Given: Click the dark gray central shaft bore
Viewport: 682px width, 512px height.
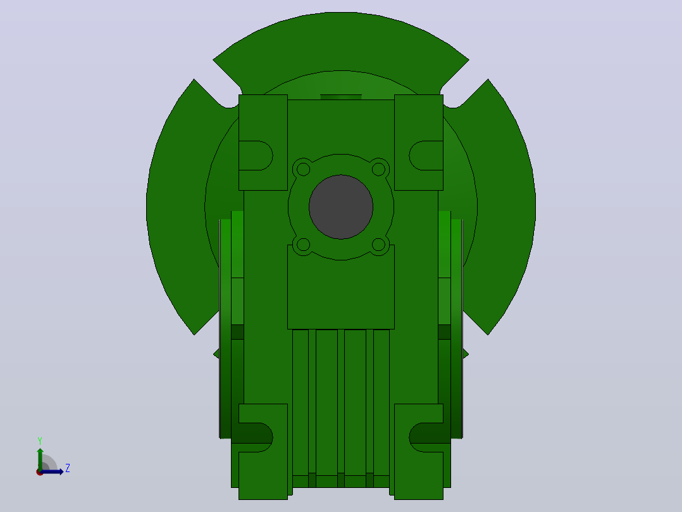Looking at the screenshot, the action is point(341,207).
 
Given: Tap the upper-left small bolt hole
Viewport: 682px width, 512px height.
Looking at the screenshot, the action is point(303,169).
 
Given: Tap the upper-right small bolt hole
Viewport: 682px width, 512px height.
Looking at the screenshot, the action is point(378,169).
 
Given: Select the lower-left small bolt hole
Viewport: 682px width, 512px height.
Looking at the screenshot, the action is point(303,245).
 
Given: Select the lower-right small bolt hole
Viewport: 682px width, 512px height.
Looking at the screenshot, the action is point(378,245).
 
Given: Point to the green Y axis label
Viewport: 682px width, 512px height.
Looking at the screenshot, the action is point(40,441).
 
